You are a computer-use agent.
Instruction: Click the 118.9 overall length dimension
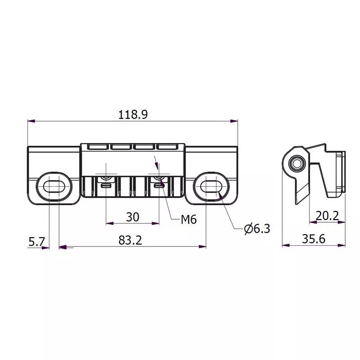(x=133, y=114)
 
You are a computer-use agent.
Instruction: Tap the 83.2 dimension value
(x=130, y=240)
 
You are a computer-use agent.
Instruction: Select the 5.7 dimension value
(x=36, y=242)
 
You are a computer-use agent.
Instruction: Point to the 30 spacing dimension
(x=132, y=217)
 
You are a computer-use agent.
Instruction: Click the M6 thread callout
(x=189, y=220)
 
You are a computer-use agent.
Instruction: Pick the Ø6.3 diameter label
(x=257, y=229)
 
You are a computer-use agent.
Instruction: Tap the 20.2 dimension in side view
(x=327, y=216)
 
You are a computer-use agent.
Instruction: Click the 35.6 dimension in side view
(x=313, y=239)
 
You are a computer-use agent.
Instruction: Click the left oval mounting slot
(x=53, y=185)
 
